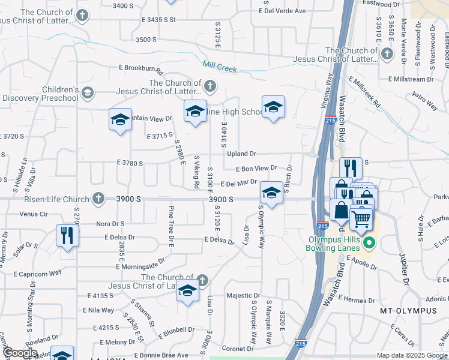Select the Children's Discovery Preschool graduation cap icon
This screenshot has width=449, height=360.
pyautogui.click(x=88, y=92)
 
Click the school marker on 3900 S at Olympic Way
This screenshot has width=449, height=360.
pyautogui.click(x=271, y=193)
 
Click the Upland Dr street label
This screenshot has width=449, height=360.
pyautogui.click(x=241, y=154)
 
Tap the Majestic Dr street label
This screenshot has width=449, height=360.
pyautogui.click(x=243, y=296)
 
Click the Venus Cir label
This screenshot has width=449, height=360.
pyautogui.click(x=33, y=213)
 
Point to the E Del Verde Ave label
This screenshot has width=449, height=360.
pyautogui.click(x=283, y=11)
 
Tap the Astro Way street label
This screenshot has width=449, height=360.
pyautogui.click(x=424, y=101)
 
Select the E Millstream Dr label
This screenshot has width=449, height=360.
pyautogui.click(x=411, y=79)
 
